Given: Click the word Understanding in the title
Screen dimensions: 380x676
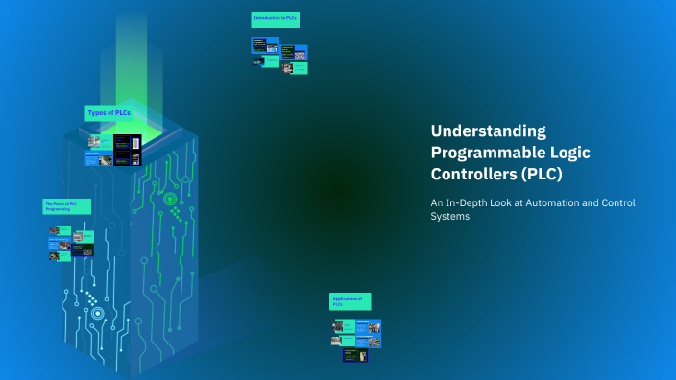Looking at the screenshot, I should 488,131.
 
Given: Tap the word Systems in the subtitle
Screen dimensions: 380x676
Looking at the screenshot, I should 450,217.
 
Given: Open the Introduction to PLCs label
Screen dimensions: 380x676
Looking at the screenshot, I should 275,19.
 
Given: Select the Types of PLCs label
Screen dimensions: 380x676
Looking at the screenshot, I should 109,113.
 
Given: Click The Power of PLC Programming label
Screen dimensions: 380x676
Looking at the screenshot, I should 66,205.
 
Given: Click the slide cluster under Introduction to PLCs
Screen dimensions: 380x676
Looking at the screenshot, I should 280,55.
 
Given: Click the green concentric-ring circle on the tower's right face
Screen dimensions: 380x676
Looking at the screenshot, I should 170,199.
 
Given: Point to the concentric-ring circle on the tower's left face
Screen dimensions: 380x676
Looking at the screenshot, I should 97,313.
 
